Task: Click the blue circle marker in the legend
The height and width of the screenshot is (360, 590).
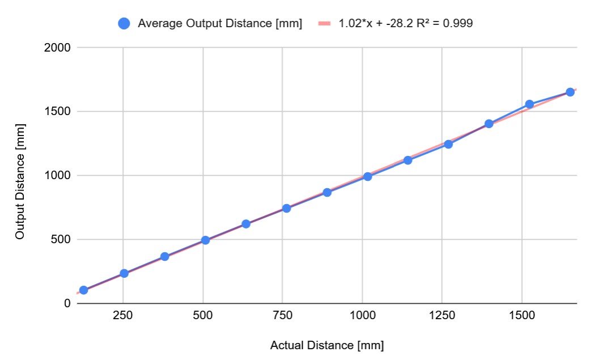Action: tap(124, 23)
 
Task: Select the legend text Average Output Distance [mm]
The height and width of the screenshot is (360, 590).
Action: tap(220, 23)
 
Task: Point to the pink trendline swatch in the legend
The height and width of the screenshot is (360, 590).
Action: tap(324, 23)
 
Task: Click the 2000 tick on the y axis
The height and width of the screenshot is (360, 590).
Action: tap(58, 48)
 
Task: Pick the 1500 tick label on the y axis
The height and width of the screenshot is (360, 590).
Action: tap(58, 112)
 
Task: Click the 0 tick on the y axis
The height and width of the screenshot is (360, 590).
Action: tap(67, 303)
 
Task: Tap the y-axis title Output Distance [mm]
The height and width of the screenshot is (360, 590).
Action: tap(20, 176)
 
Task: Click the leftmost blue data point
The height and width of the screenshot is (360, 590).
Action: tap(83, 290)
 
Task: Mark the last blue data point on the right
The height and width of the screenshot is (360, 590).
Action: tap(570, 92)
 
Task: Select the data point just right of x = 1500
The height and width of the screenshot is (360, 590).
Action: tap(529, 104)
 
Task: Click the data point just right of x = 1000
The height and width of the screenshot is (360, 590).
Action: tap(367, 176)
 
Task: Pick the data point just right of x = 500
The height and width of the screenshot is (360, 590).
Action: tap(205, 240)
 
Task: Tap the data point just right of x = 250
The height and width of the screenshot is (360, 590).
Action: tap(124, 273)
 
